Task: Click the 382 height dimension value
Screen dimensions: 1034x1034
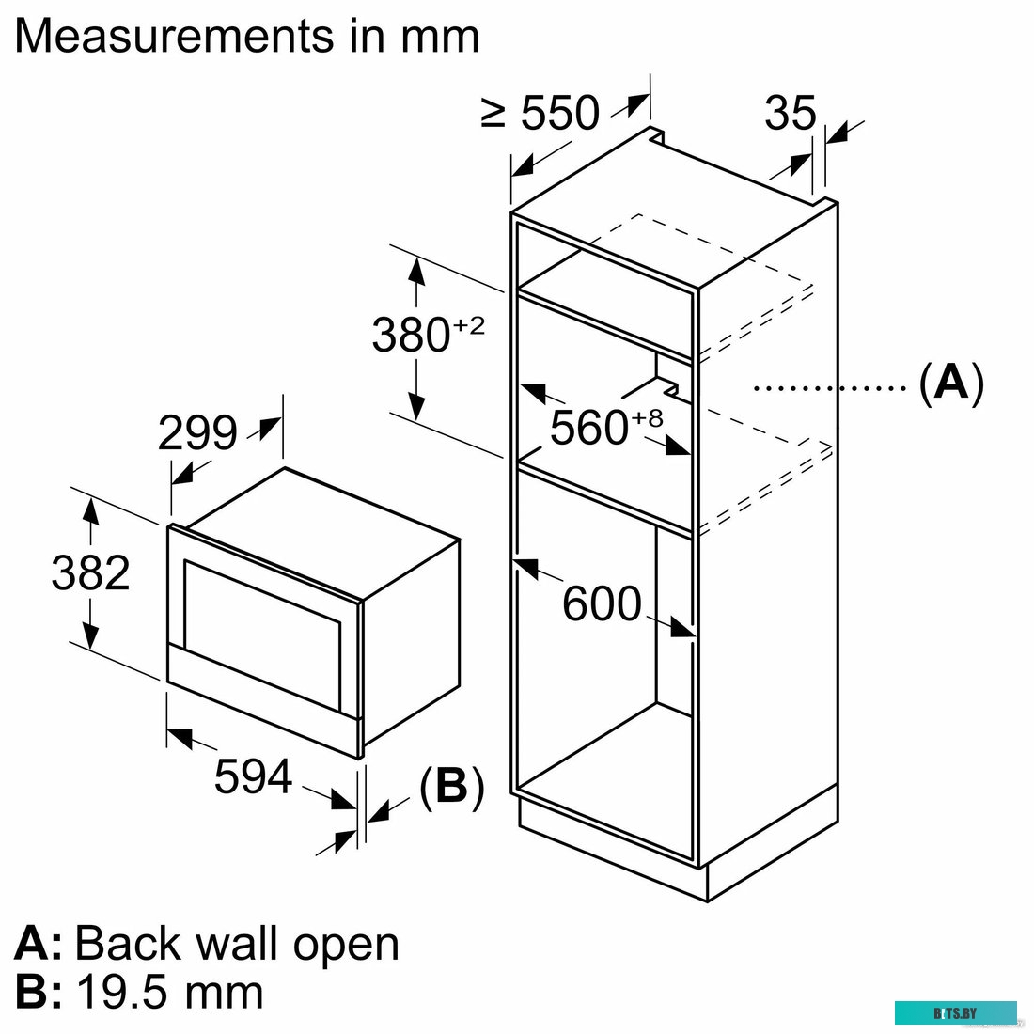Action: click(90, 572)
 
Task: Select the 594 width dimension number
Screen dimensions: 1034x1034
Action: click(253, 776)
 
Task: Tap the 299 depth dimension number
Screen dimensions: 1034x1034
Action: click(197, 432)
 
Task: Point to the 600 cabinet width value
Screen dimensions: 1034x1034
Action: click(602, 603)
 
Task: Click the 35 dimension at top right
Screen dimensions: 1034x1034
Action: click(791, 113)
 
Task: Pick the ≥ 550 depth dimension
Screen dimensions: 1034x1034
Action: click(540, 112)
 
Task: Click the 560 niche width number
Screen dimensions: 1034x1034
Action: click(589, 427)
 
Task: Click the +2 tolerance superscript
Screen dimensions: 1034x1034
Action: click(469, 325)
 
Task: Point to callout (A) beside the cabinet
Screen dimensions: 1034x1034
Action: click(951, 384)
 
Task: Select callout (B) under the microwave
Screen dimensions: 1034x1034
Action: click(452, 787)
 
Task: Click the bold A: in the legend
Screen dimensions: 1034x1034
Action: click(39, 944)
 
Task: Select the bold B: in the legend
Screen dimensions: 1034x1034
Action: click(39, 992)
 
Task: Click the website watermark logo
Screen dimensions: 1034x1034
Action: click(956, 1013)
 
